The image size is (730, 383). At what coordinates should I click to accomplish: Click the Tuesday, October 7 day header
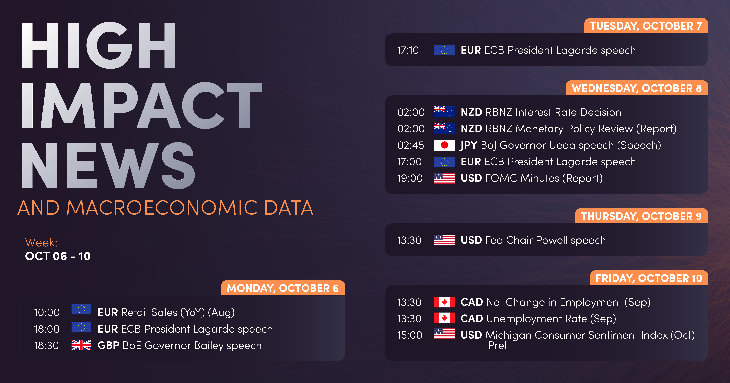pos(646,26)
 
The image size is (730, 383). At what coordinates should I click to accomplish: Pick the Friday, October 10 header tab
pos(649,278)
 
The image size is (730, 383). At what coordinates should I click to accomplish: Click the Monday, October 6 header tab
pos(283,288)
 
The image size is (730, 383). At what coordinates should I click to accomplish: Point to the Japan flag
pos(444,145)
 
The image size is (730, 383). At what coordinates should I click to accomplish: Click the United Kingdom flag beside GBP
pos(81,345)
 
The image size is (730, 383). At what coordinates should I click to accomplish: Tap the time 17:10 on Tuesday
pos(408,50)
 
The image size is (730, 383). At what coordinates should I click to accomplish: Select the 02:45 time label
pos(411,145)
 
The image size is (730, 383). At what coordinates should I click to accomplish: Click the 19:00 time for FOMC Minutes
pos(410,178)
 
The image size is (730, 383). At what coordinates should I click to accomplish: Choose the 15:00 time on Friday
pos(410,335)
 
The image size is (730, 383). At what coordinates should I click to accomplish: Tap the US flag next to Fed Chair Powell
pos(444,240)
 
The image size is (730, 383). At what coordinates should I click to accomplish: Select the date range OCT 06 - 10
pos(58,256)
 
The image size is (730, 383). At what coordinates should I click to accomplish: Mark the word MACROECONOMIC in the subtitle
pos(161,208)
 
